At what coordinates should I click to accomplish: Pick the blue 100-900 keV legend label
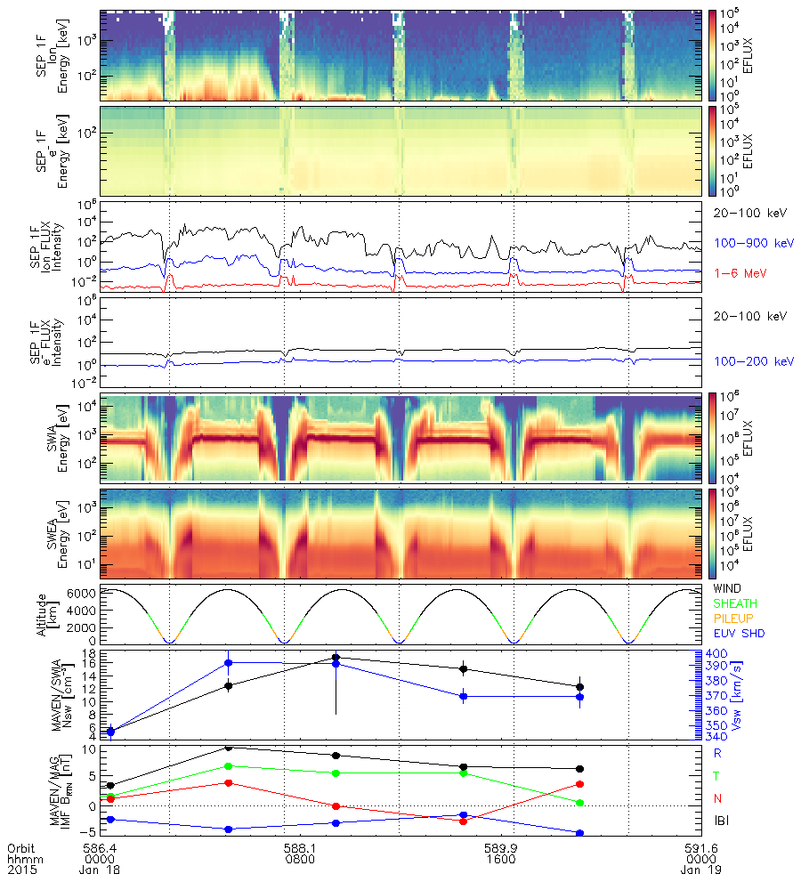[x=745, y=242]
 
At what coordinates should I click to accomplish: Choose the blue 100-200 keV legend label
[x=745, y=361]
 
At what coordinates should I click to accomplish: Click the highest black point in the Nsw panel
[x=336, y=658]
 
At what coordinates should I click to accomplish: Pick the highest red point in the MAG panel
[x=229, y=783]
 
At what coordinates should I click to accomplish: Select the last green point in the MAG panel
[x=579, y=803]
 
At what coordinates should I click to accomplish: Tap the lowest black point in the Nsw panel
[x=111, y=732]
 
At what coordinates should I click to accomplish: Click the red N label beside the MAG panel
[x=717, y=798]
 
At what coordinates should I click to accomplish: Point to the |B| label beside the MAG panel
[x=719, y=821]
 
